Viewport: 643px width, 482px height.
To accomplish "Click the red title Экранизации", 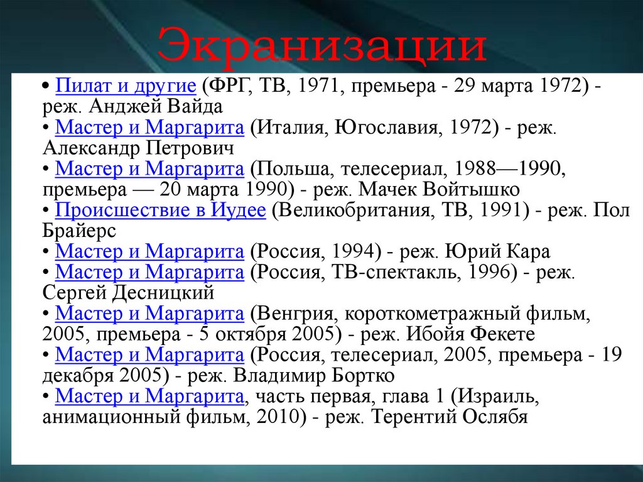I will coord(321,45).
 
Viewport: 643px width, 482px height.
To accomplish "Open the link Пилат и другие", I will coord(125,87).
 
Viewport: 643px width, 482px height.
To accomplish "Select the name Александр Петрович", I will coord(139,148).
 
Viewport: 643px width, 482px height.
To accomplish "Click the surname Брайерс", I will coord(80,231).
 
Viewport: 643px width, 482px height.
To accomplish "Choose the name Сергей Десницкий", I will coord(129,292).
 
